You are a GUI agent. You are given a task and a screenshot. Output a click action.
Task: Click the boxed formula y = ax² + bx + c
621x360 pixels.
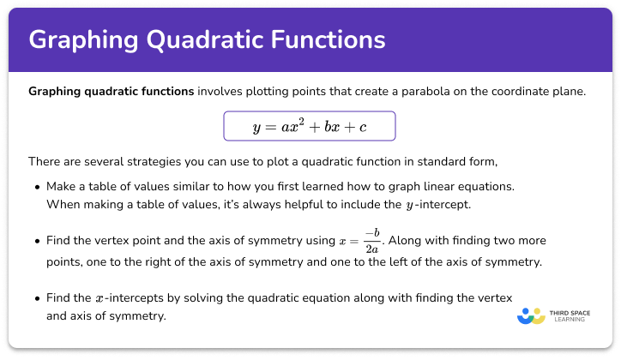(x=310, y=126)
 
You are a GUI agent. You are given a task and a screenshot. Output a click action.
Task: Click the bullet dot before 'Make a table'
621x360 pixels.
(x=35, y=187)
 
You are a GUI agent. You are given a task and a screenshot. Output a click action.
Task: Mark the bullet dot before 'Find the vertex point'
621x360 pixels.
(x=35, y=240)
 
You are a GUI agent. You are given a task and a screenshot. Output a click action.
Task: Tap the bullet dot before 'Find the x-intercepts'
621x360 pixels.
(x=35, y=297)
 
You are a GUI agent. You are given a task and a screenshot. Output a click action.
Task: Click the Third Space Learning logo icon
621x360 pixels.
(x=531, y=316)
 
